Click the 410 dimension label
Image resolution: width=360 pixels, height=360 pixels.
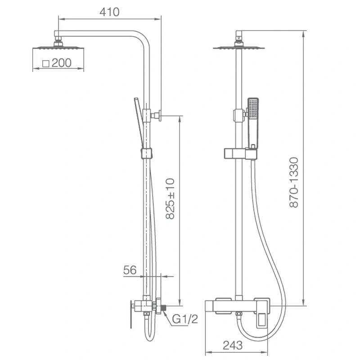click(110, 12)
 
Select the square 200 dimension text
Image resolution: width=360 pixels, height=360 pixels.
click(57, 63)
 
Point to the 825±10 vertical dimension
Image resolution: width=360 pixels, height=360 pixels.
click(170, 198)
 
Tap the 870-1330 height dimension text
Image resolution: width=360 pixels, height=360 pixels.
click(294, 182)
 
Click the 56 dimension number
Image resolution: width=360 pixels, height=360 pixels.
click(130, 270)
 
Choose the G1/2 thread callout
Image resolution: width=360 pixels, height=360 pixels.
click(185, 319)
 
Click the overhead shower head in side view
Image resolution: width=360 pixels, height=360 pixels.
click(58, 47)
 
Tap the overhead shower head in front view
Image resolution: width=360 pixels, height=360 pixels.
click(239, 47)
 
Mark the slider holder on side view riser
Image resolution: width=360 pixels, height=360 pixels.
click(146, 153)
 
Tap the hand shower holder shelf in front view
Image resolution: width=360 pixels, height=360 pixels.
click(239, 154)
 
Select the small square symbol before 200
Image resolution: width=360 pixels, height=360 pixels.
click(45, 63)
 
